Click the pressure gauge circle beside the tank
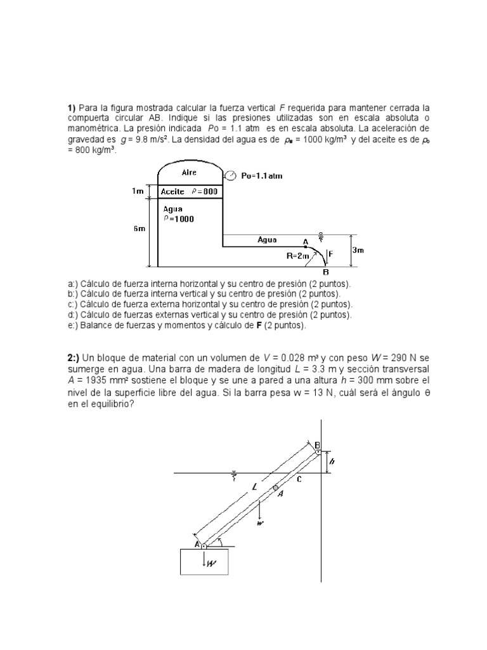click(x=231, y=176)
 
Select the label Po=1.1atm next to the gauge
click(x=262, y=176)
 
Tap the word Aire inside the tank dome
click(x=189, y=172)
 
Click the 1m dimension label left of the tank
click(x=138, y=190)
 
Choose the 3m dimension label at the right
click(x=358, y=250)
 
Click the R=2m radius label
click(x=297, y=256)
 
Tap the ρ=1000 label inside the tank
click(x=179, y=219)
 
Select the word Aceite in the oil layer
click(x=173, y=191)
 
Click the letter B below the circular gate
click(x=326, y=272)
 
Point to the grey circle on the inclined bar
click(x=275, y=488)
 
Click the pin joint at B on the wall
click(x=318, y=451)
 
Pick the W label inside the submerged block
click(x=209, y=560)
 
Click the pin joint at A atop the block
click(x=204, y=545)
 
